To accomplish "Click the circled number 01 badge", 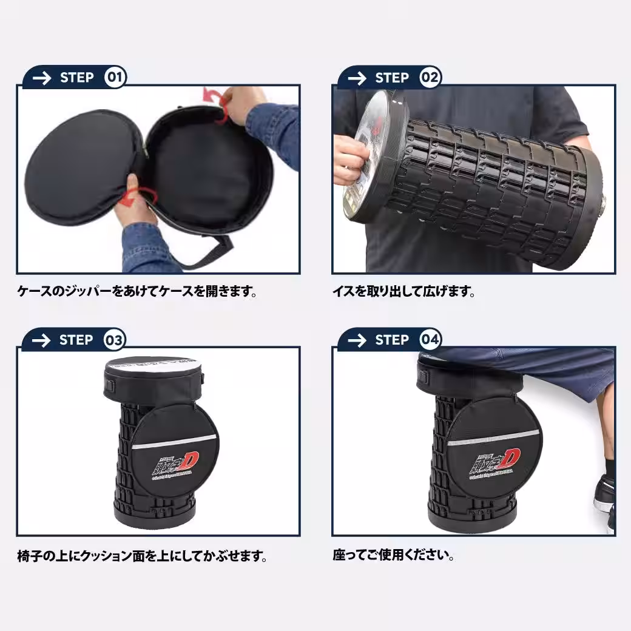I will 115,77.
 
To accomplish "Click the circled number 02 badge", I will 430,77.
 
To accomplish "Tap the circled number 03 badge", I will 115,340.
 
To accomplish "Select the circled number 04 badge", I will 430,340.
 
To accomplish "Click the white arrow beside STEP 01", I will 41,78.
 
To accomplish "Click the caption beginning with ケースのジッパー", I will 137,292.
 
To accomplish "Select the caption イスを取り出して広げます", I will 403,292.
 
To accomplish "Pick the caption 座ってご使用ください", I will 393,555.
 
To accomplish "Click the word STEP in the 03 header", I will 76,340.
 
